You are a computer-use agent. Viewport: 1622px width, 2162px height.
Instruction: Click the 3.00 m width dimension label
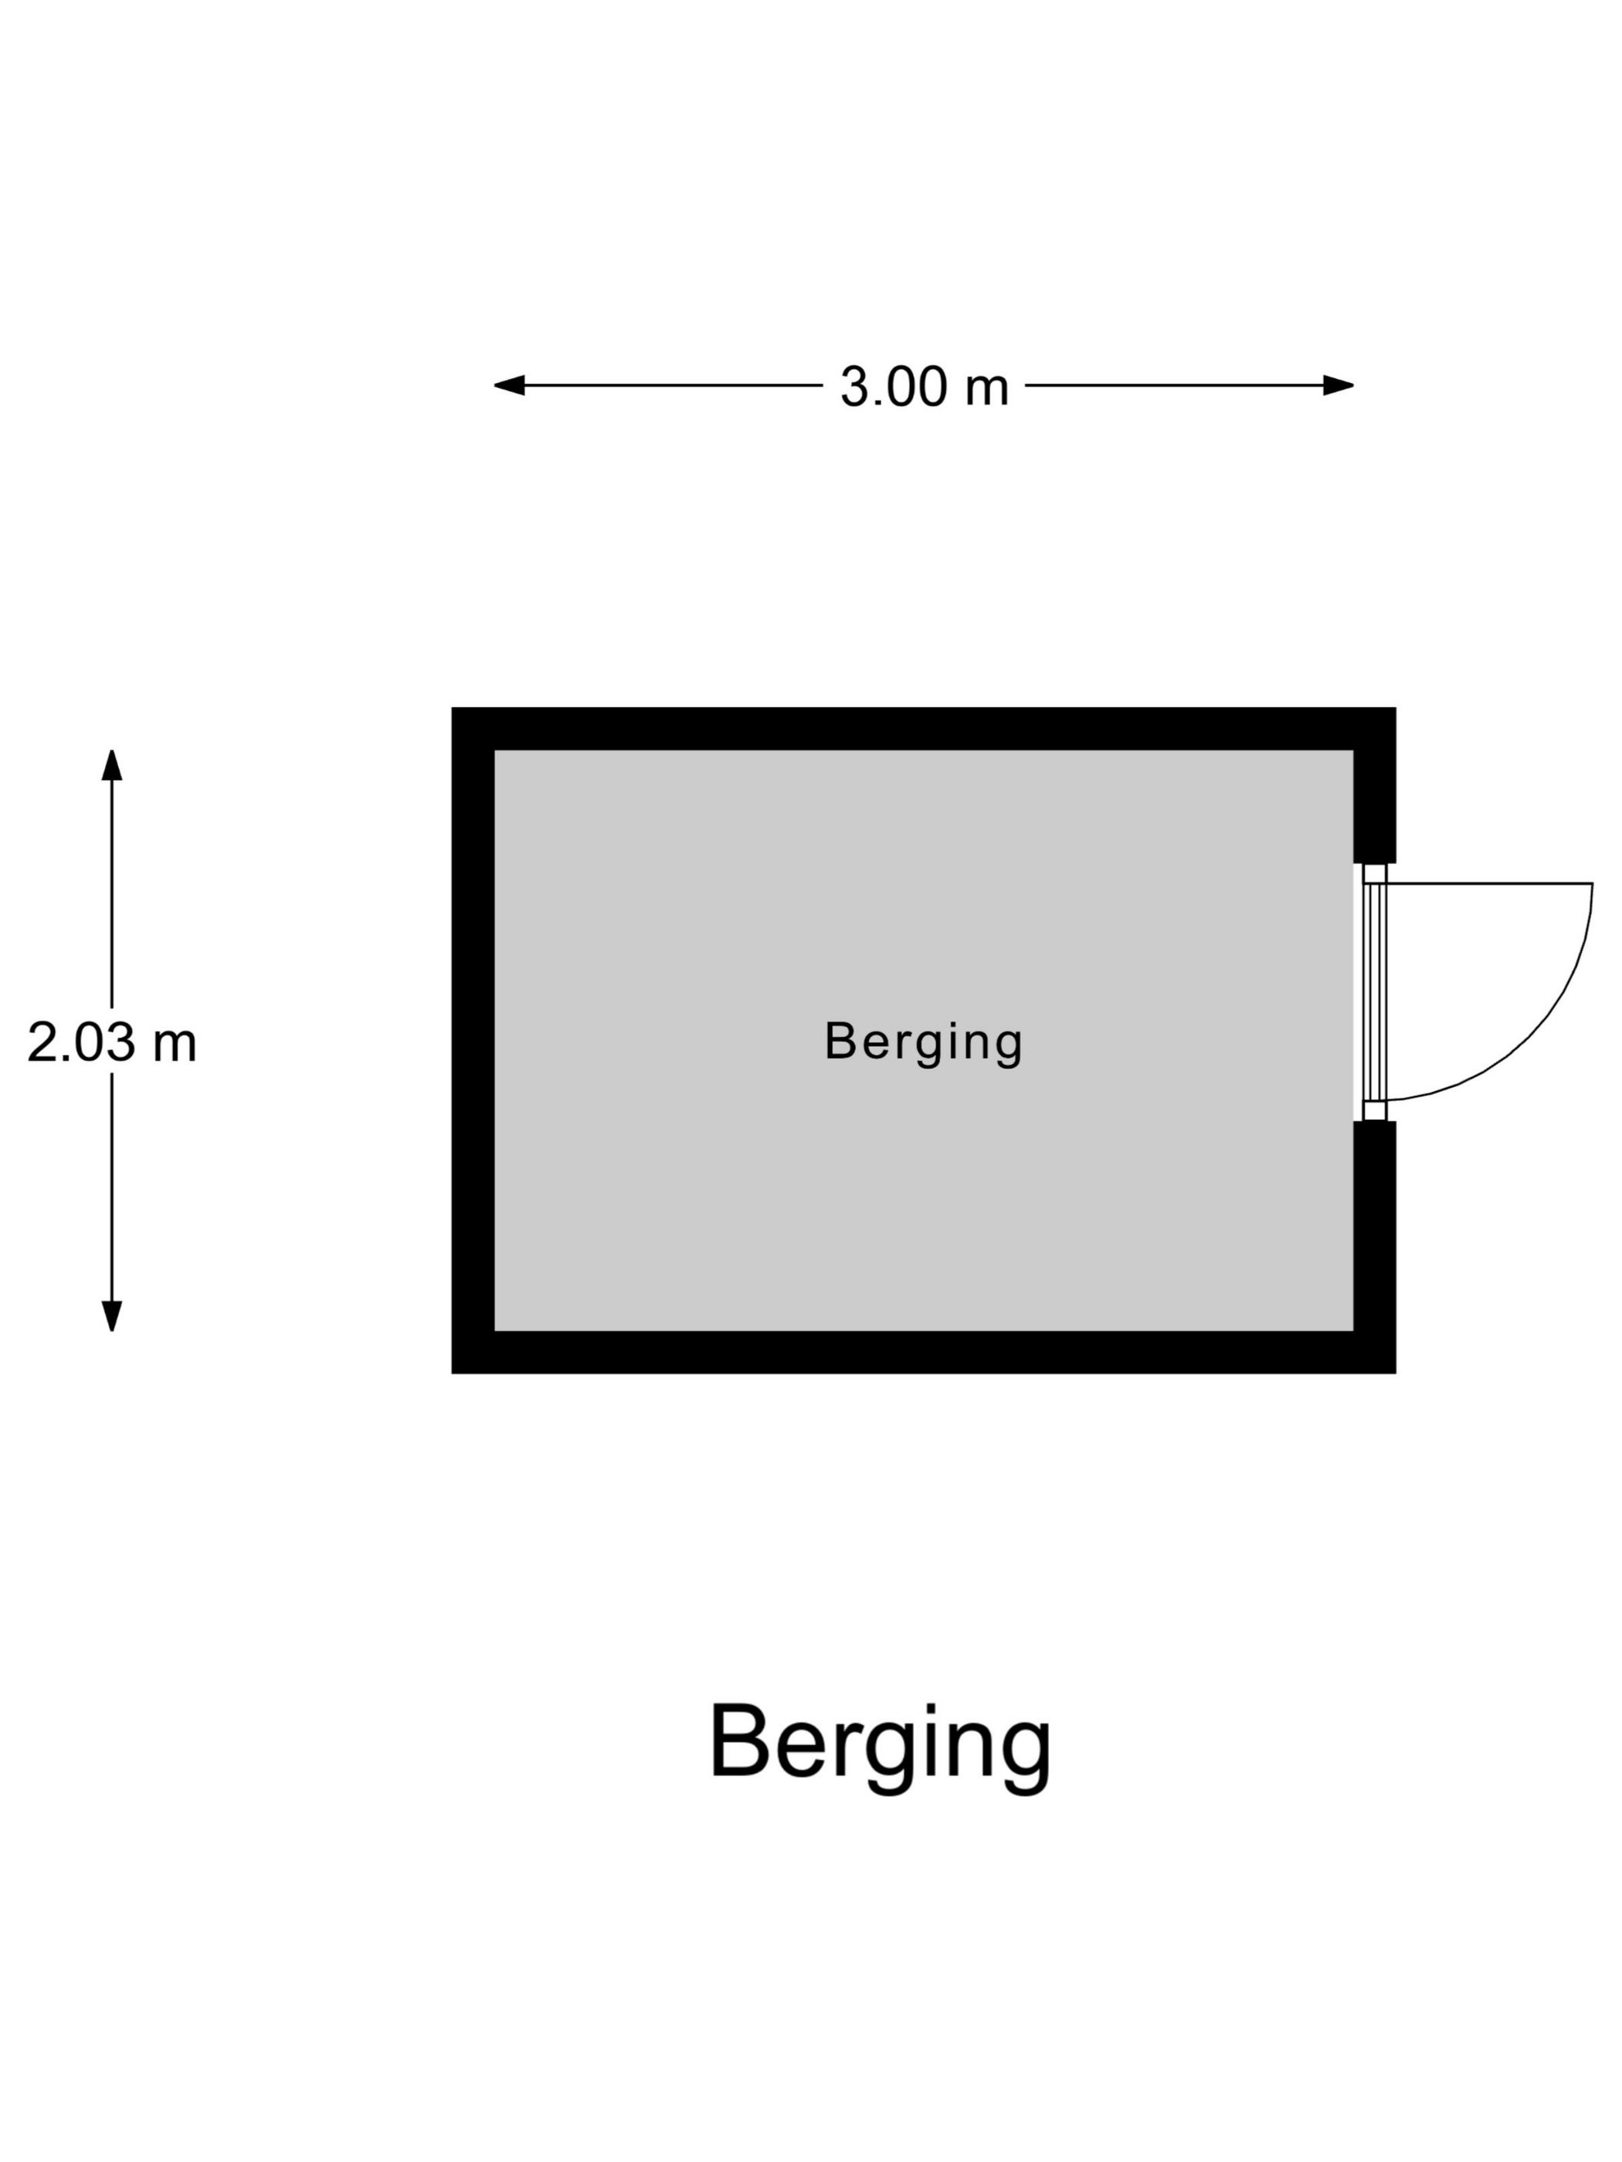(x=924, y=386)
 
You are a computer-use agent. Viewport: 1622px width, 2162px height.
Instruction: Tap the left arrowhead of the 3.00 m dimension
(x=508, y=385)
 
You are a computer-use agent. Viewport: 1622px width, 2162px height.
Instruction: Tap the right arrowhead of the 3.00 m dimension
(x=1339, y=385)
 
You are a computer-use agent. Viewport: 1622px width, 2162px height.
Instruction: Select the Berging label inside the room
(x=923, y=1043)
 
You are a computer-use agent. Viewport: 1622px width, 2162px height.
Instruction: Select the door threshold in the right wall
(x=1375, y=992)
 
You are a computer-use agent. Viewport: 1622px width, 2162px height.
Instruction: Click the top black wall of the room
(x=923, y=729)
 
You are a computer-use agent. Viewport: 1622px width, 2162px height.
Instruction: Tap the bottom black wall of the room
(x=923, y=1352)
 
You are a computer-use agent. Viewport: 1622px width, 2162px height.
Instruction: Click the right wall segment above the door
(x=1375, y=786)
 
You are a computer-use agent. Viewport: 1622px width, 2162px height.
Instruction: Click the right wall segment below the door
(x=1375, y=1247)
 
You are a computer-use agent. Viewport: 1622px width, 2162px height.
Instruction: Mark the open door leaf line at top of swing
(x=1489, y=883)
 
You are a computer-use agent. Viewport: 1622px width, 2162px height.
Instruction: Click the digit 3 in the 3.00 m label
(x=853, y=387)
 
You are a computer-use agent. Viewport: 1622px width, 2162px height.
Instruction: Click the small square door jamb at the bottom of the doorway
(x=1375, y=1110)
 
